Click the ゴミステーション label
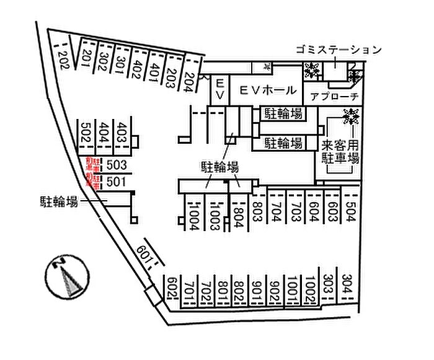coord(338,50)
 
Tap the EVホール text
coord(268,90)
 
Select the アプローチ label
coord(335,97)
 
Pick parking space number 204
coord(189,82)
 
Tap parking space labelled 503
coord(117,165)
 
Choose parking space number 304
coord(347,286)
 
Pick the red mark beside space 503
coord(94,165)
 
